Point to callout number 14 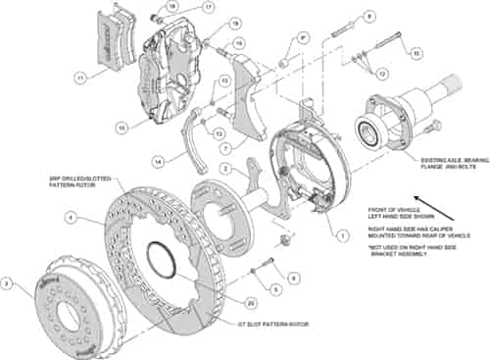[161, 159]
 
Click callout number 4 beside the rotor [72, 218]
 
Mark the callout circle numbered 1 [343, 234]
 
